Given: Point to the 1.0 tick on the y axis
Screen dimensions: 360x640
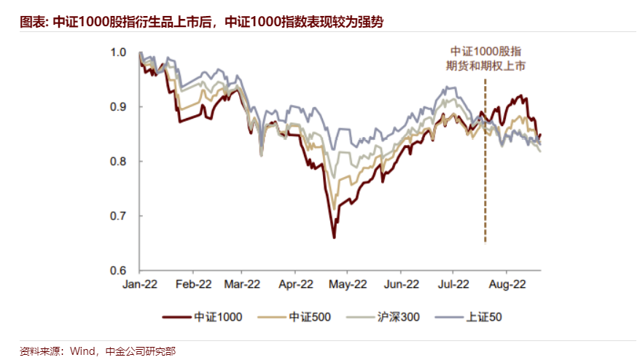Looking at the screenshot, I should tap(118, 52).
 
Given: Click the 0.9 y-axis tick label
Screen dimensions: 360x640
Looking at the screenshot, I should tap(118, 106).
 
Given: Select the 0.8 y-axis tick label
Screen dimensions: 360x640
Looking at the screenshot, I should tap(118, 161).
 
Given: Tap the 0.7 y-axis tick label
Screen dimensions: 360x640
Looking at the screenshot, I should tap(118, 216).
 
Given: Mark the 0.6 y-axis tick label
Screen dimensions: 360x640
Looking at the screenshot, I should tap(118, 270).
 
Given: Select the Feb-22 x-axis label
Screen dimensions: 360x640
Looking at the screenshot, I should tap(194, 284).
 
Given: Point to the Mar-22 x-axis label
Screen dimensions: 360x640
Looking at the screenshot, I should tap(243, 284).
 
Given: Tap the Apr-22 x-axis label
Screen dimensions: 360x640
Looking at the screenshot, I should tap(297, 284).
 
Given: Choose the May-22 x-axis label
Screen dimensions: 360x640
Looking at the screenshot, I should tap(348, 284).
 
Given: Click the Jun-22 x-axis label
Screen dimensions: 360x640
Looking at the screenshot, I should tap(402, 284).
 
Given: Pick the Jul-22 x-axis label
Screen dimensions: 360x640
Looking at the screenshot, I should tap(453, 284).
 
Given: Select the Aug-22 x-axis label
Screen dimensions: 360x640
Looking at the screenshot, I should tap(506, 284).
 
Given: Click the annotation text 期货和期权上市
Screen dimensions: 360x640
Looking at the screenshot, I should tap(485, 66).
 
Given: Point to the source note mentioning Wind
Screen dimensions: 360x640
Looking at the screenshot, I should tap(98, 351).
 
